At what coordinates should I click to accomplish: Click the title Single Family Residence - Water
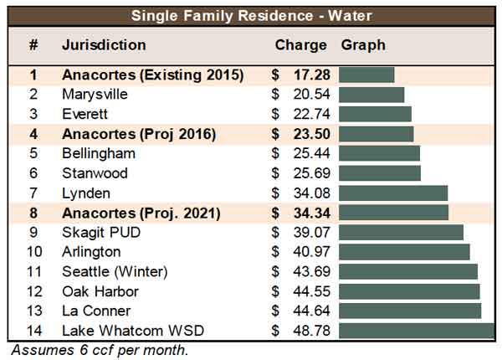coord(251,14)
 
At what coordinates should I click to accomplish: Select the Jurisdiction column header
coord(104,45)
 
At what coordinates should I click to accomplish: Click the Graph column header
coord(363,45)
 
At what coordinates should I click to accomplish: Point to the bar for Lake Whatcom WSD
coord(417,331)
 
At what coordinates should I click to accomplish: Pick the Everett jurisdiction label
coord(85,114)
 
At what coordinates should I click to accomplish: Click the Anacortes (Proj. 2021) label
coord(141,213)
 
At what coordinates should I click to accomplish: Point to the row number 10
coord(33,252)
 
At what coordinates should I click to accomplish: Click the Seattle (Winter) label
coord(115,272)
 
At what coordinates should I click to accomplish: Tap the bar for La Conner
coord(410,311)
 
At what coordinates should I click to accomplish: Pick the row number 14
coord(33,331)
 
